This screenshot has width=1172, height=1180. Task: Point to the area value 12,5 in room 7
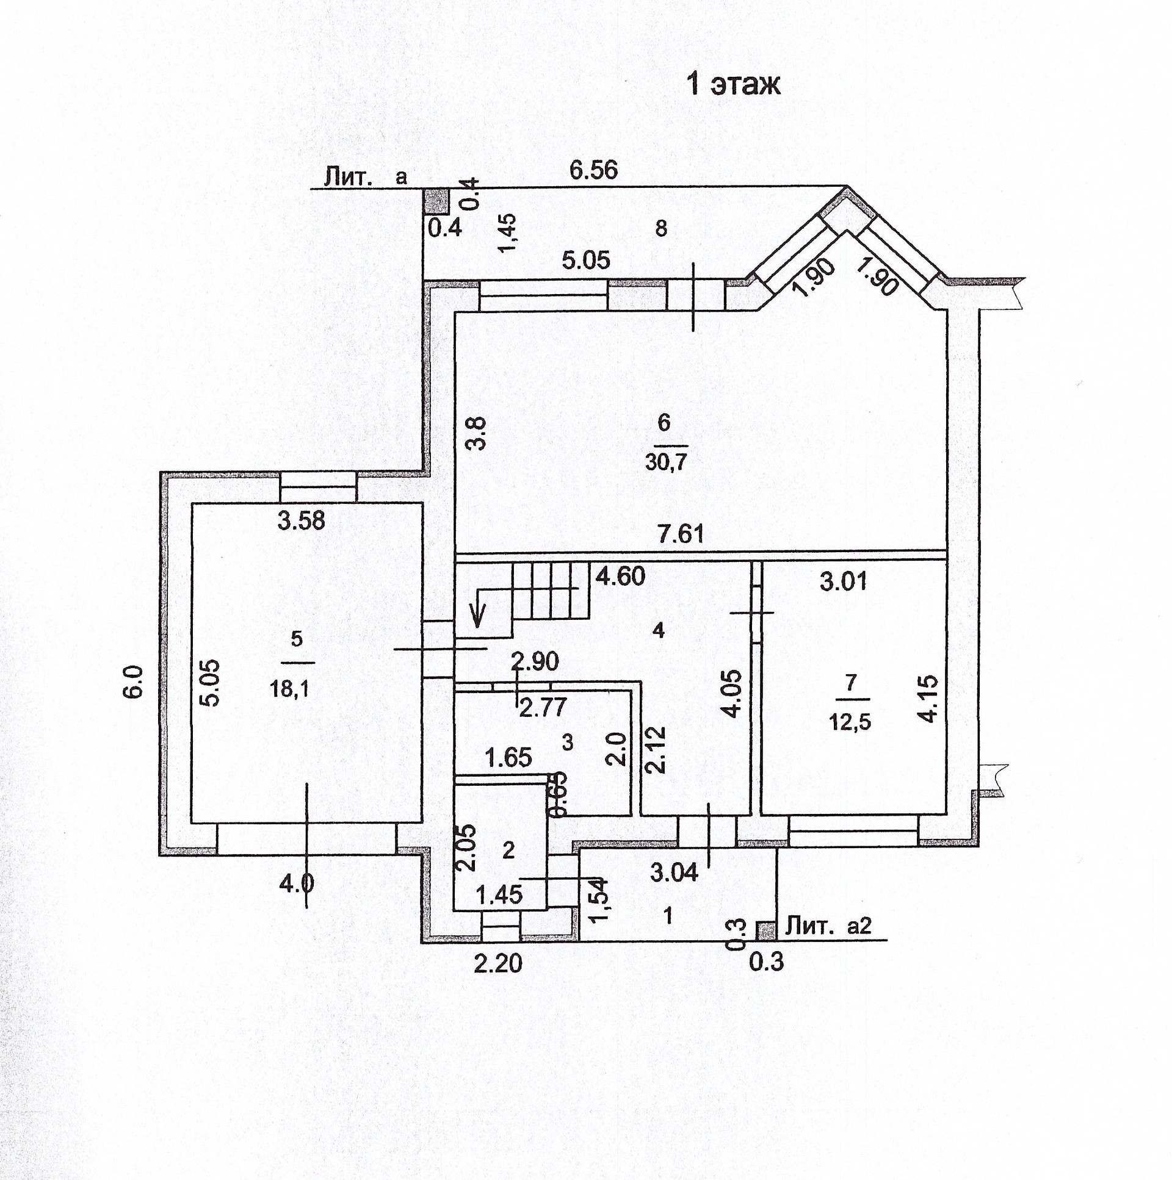(850, 722)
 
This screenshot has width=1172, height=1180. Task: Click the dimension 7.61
(681, 534)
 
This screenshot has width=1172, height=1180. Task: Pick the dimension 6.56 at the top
(593, 170)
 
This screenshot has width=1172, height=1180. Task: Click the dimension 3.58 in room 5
(302, 521)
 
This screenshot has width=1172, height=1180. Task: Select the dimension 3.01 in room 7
(843, 581)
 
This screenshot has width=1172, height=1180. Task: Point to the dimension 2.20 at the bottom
(498, 964)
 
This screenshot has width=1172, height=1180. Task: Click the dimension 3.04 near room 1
(673, 872)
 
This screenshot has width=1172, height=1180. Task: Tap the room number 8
(660, 229)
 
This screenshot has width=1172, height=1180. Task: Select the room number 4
(657, 631)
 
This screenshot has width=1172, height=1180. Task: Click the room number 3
(567, 743)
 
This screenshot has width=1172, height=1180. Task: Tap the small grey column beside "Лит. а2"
(765, 930)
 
